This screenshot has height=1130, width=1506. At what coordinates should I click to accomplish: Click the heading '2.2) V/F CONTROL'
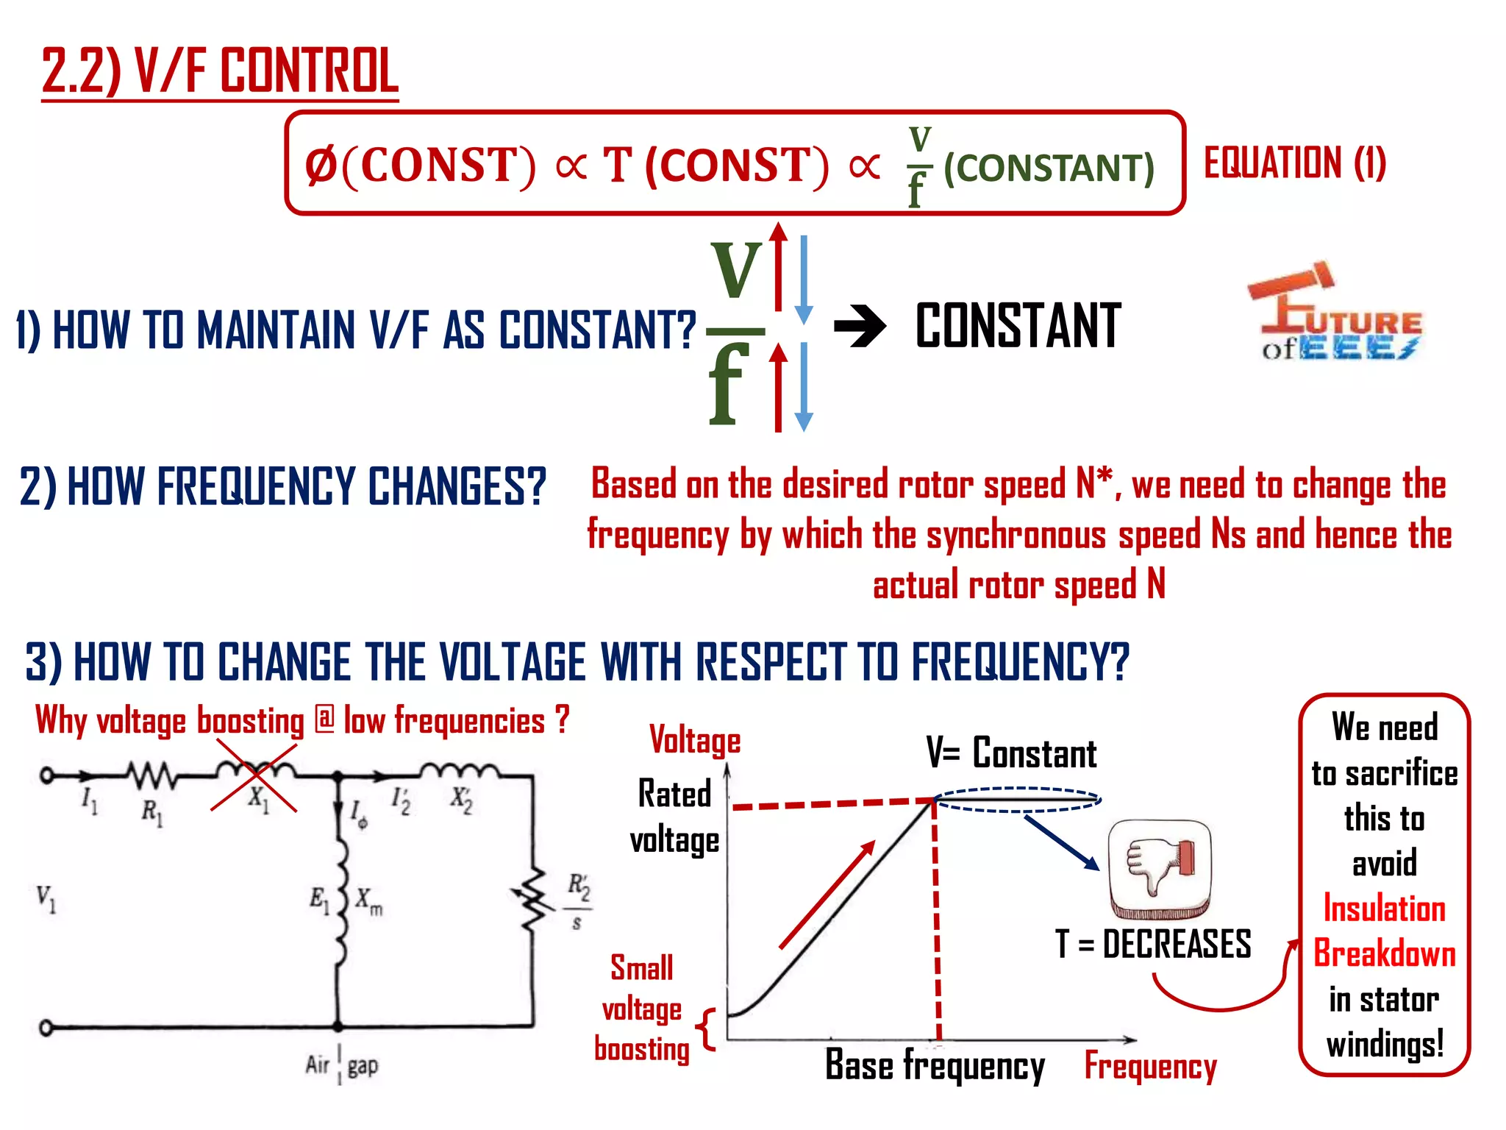tap(220, 71)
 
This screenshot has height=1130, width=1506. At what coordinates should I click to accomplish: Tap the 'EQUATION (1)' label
tap(1294, 163)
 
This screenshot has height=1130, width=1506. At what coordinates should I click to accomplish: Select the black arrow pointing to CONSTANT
tap(860, 326)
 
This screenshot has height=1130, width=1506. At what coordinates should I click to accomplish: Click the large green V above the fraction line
tap(736, 269)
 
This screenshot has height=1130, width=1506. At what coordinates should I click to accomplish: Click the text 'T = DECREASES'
tap(1153, 944)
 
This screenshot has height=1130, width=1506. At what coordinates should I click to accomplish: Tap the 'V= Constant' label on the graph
tap(1011, 753)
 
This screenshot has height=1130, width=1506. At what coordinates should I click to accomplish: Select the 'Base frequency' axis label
tap(935, 1065)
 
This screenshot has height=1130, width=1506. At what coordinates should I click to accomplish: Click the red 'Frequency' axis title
tap(1150, 1066)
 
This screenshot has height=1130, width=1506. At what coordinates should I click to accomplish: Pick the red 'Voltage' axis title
tap(695, 740)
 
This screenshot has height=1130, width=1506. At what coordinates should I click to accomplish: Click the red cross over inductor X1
tap(254, 776)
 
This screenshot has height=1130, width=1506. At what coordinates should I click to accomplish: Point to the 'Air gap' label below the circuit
tap(341, 1065)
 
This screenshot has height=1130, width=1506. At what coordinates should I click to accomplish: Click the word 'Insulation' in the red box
tap(1384, 909)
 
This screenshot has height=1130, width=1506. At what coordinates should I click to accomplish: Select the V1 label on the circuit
tap(46, 898)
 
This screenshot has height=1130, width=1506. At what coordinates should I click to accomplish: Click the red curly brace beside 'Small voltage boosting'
tap(707, 1028)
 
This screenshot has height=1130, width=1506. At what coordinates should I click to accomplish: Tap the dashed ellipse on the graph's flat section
tap(1018, 800)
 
